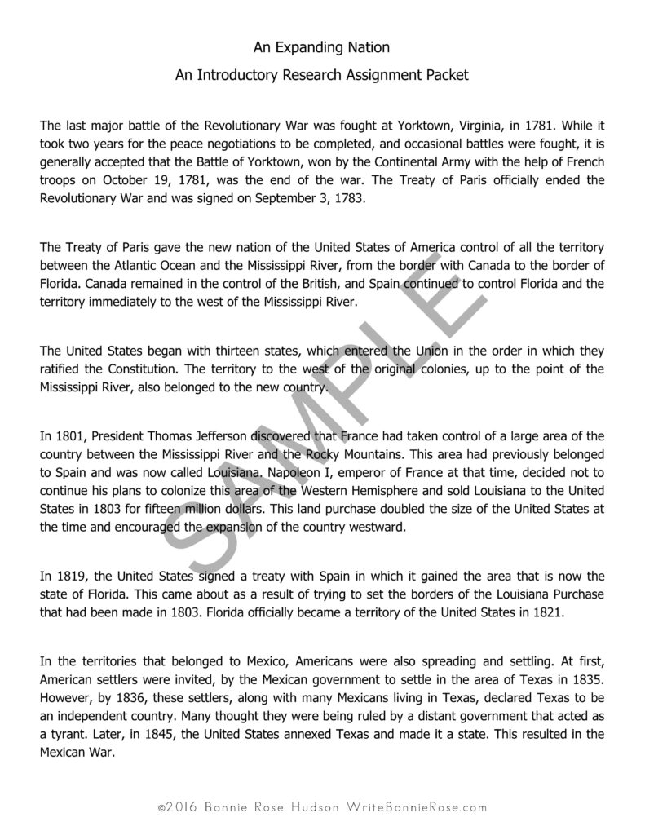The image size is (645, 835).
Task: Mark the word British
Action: [x=275, y=283]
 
